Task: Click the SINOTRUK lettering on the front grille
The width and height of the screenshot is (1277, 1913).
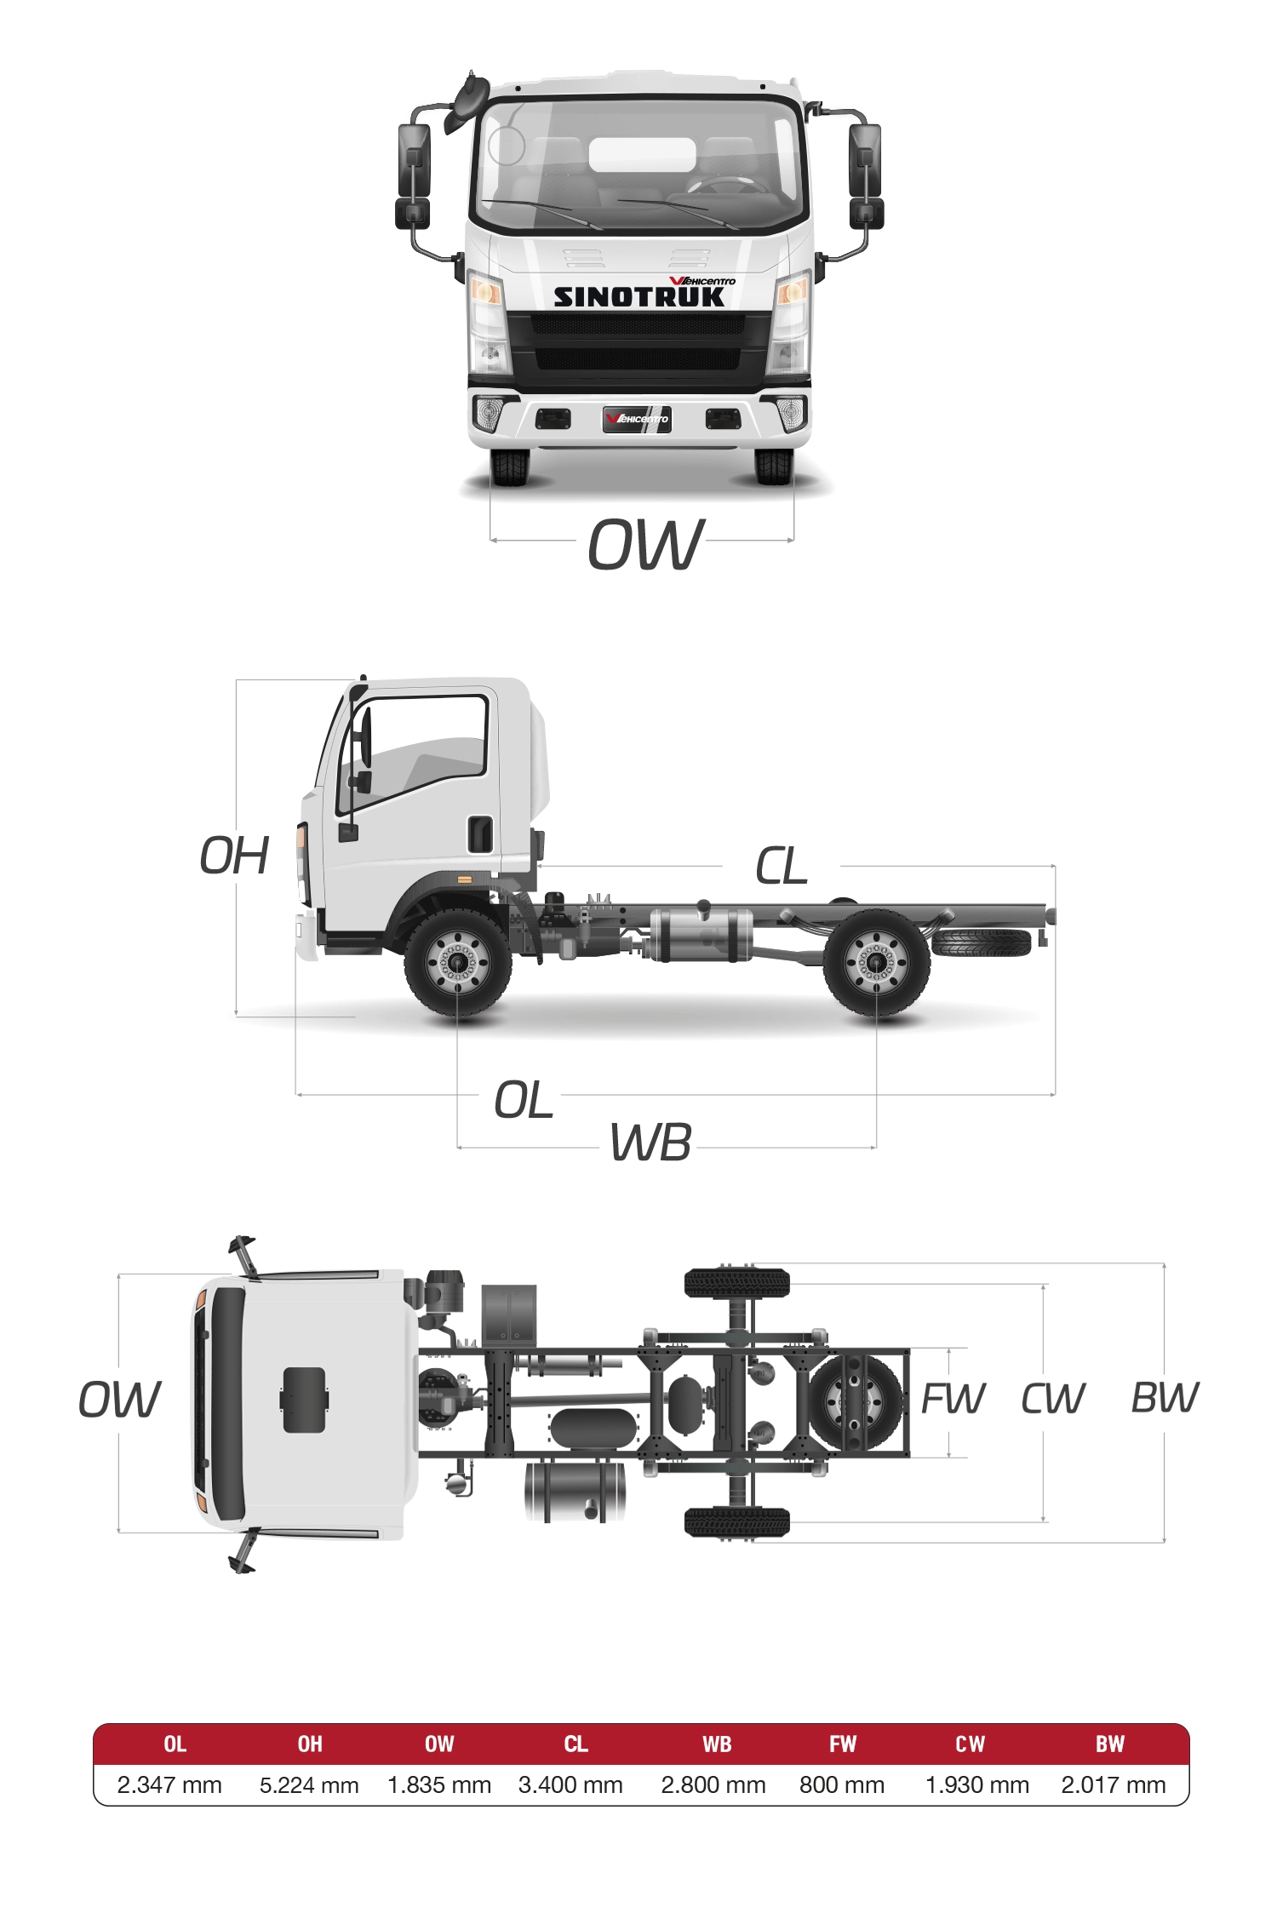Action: (x=638, y=297)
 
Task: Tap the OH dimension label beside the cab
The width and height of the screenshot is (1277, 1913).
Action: (x=234, y=856)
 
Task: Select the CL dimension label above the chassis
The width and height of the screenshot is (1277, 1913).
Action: (x=781, y=867)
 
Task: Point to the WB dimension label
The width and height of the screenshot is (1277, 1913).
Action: (x=650, y=1143)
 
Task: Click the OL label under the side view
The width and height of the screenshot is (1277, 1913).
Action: (x=524, y=1100)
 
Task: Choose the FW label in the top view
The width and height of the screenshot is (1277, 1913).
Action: (x=953, y=1399)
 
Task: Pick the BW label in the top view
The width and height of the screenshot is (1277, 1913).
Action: (x=1165, y=1398)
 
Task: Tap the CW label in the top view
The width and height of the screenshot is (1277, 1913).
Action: (x=1053, y=1399)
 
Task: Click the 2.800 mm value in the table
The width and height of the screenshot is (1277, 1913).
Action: (x=713, y=1785)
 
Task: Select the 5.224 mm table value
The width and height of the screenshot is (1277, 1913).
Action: (x=309, y=1785)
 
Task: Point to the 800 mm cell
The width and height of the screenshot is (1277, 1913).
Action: (x=842, y=1785)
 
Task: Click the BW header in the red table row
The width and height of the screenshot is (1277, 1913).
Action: (x=1110, y=1744)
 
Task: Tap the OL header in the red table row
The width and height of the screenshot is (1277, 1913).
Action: (x=175, y=1744)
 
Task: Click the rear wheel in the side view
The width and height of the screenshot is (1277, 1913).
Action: (x=876, y=962)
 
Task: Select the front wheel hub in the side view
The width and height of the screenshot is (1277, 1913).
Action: (x=458, y=962)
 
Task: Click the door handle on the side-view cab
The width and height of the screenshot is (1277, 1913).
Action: (x=481, y=834)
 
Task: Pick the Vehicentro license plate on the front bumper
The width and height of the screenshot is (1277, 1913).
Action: (x=637, y=419)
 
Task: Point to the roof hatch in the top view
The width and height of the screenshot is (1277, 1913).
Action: (x=304, y=1400)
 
